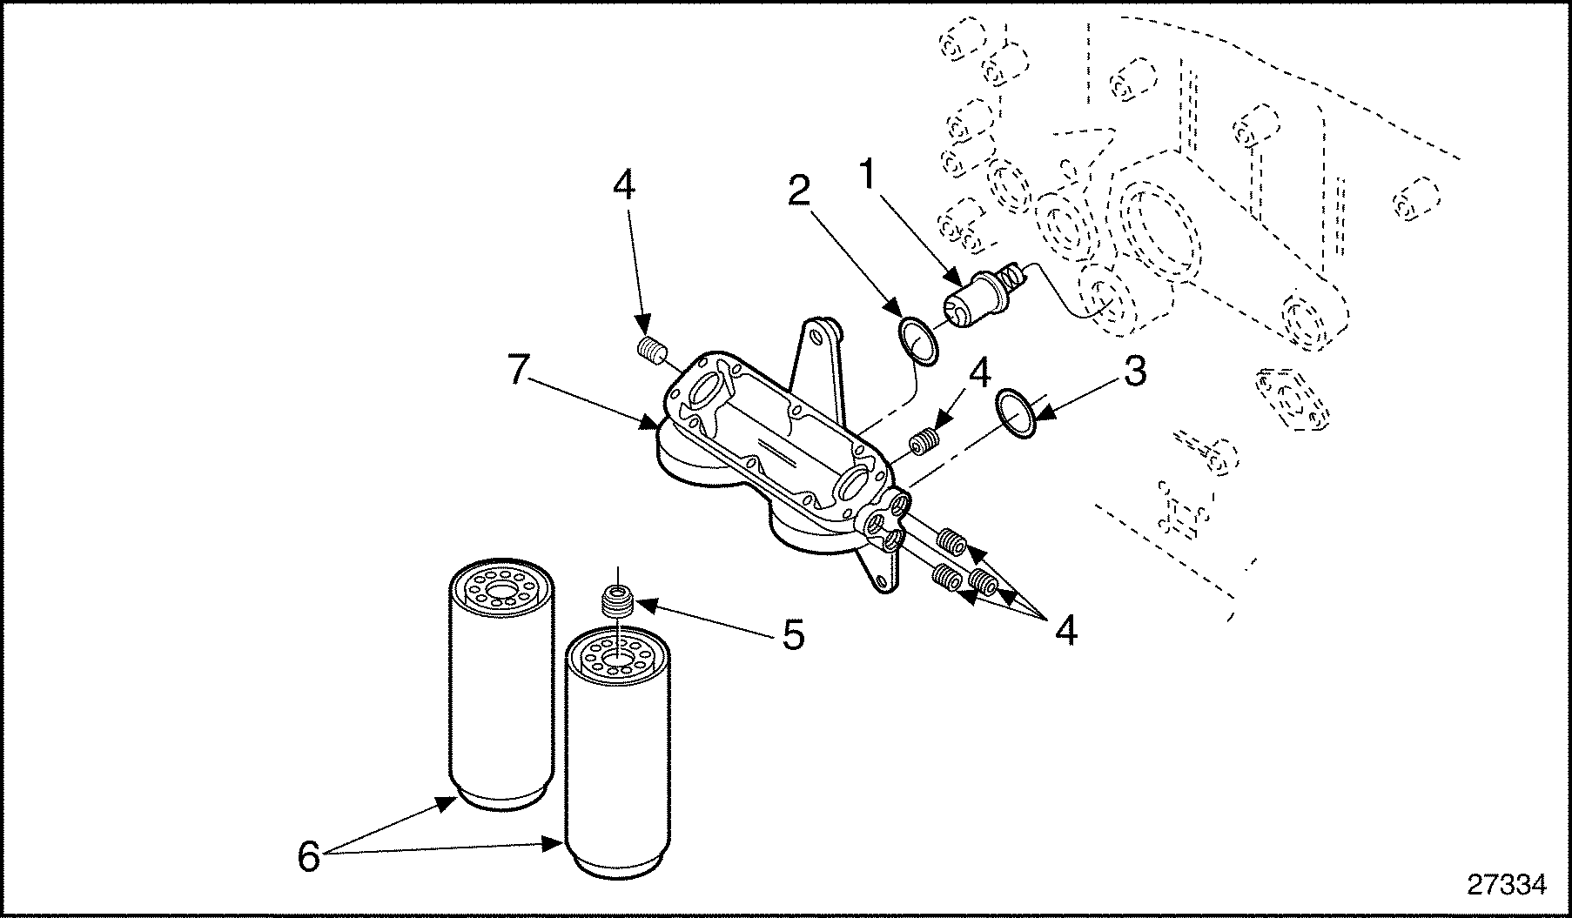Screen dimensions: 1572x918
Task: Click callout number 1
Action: (x=866, y=175)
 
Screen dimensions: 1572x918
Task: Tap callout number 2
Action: (x=799, y=191)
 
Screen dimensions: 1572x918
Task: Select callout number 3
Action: (x=1133, y=372)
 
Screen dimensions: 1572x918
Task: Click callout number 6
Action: (x=308, y=856)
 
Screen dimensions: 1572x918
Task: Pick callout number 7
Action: (x=518, y=372)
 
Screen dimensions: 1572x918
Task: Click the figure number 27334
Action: (x=1507, y=885)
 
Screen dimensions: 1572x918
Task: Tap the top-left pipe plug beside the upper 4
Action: (x=652, y=350)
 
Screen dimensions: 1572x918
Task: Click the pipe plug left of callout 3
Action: (x=926, y=442)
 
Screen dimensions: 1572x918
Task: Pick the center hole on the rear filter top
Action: (x=500, y=600)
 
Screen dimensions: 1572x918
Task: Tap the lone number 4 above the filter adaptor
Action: (x=624, y=185)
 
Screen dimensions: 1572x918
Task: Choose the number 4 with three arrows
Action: (x=1065, y=630)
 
